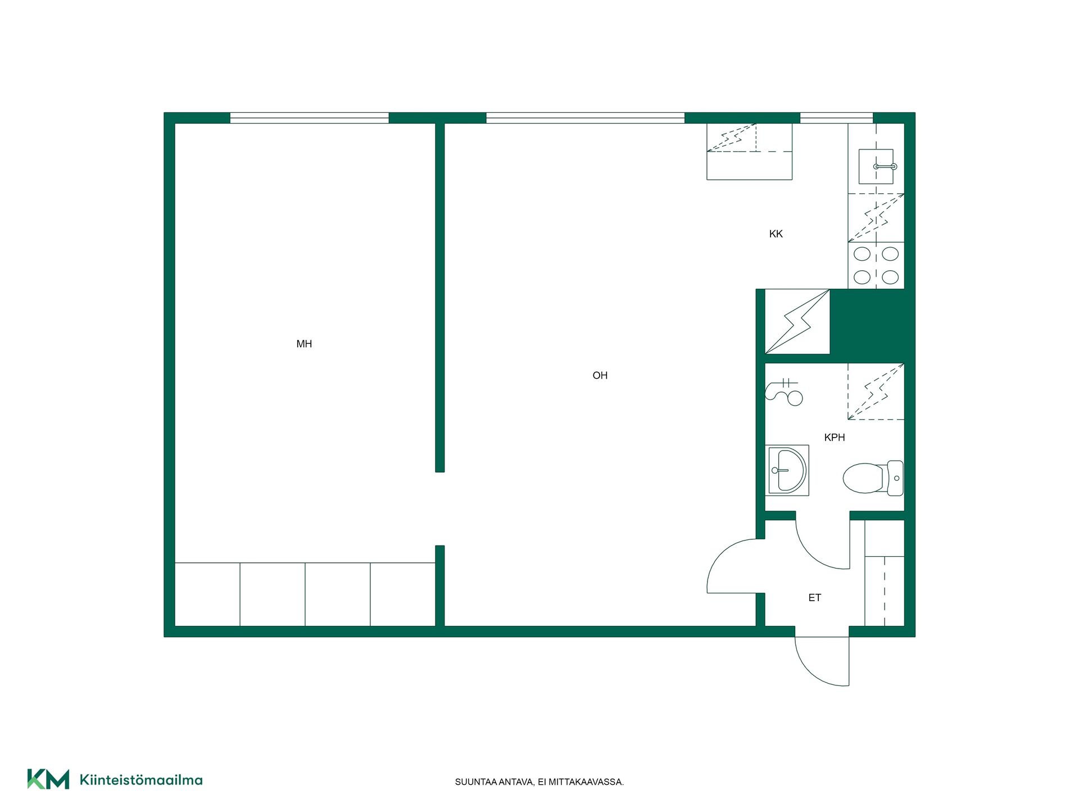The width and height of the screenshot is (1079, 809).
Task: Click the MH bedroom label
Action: tap(304, 344)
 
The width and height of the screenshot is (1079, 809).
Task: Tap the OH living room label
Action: tap(600, 375)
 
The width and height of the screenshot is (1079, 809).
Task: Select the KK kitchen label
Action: tap(776, 234)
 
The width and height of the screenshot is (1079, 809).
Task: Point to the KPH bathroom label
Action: tap(835, 437)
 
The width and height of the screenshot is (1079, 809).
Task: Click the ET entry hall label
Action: tap(815, 598)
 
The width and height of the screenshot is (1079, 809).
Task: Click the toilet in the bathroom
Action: tap(873, 478)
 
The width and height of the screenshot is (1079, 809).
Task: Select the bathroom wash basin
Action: tap(787, 471)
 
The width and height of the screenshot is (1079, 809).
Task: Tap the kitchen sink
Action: tap(876, 166)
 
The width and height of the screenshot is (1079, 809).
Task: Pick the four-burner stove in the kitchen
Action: tap(876, 266)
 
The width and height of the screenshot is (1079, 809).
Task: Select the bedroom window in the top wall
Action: tap(310, 118)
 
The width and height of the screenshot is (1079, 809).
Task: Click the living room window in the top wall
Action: tap(585, 118)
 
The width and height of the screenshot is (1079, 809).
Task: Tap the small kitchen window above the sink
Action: tap(836, 118)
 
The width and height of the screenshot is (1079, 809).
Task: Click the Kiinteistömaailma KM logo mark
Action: tap(48, 779)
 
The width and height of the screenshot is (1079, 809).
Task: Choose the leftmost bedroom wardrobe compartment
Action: tap(207, 594)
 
